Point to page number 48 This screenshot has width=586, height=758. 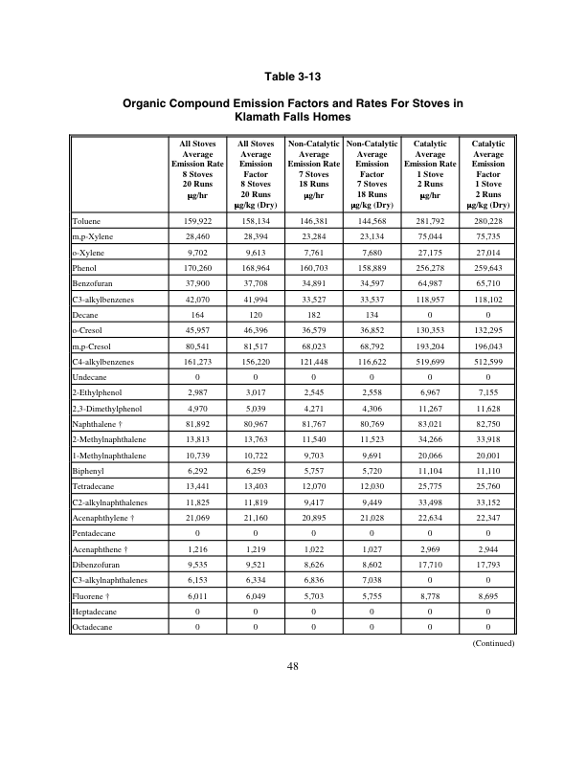293,666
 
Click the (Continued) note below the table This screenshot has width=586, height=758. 494,643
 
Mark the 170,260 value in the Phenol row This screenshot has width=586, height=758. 196,268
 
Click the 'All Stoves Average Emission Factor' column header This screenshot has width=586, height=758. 256,173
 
